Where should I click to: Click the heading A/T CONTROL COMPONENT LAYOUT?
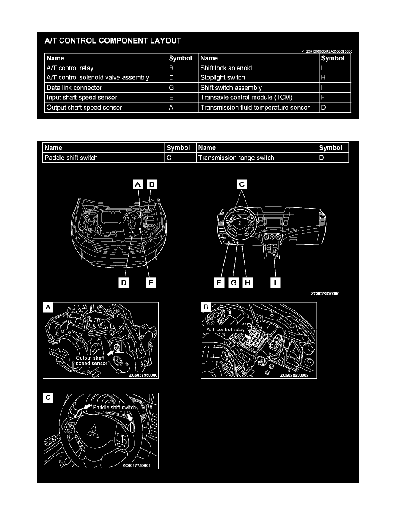(113, 41)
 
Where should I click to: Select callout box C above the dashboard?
(242, 184)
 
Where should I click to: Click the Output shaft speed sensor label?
(91, 361)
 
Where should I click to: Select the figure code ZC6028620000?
(326, 294)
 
